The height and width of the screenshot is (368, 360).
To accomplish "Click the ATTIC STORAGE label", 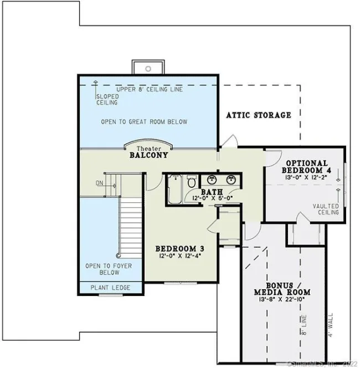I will [259, 115].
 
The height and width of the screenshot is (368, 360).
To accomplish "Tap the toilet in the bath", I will [191, 181].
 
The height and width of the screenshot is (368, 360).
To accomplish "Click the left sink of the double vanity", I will [211, 179].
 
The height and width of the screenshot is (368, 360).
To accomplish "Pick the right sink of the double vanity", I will [231, 179].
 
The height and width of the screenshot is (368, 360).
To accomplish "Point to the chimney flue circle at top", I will [148, 69].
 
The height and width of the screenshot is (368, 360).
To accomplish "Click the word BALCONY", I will [148, 156].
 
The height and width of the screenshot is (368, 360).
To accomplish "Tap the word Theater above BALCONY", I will [148, 149].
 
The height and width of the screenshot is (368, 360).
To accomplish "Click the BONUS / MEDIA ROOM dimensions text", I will [282, 300].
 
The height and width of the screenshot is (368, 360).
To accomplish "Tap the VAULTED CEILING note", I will [326, 209].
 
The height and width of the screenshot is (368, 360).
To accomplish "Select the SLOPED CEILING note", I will [107, 100].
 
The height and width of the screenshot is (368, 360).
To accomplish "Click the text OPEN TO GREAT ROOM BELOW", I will [144, 121].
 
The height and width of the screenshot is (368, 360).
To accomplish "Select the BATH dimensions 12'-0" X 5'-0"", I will [212, 198].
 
